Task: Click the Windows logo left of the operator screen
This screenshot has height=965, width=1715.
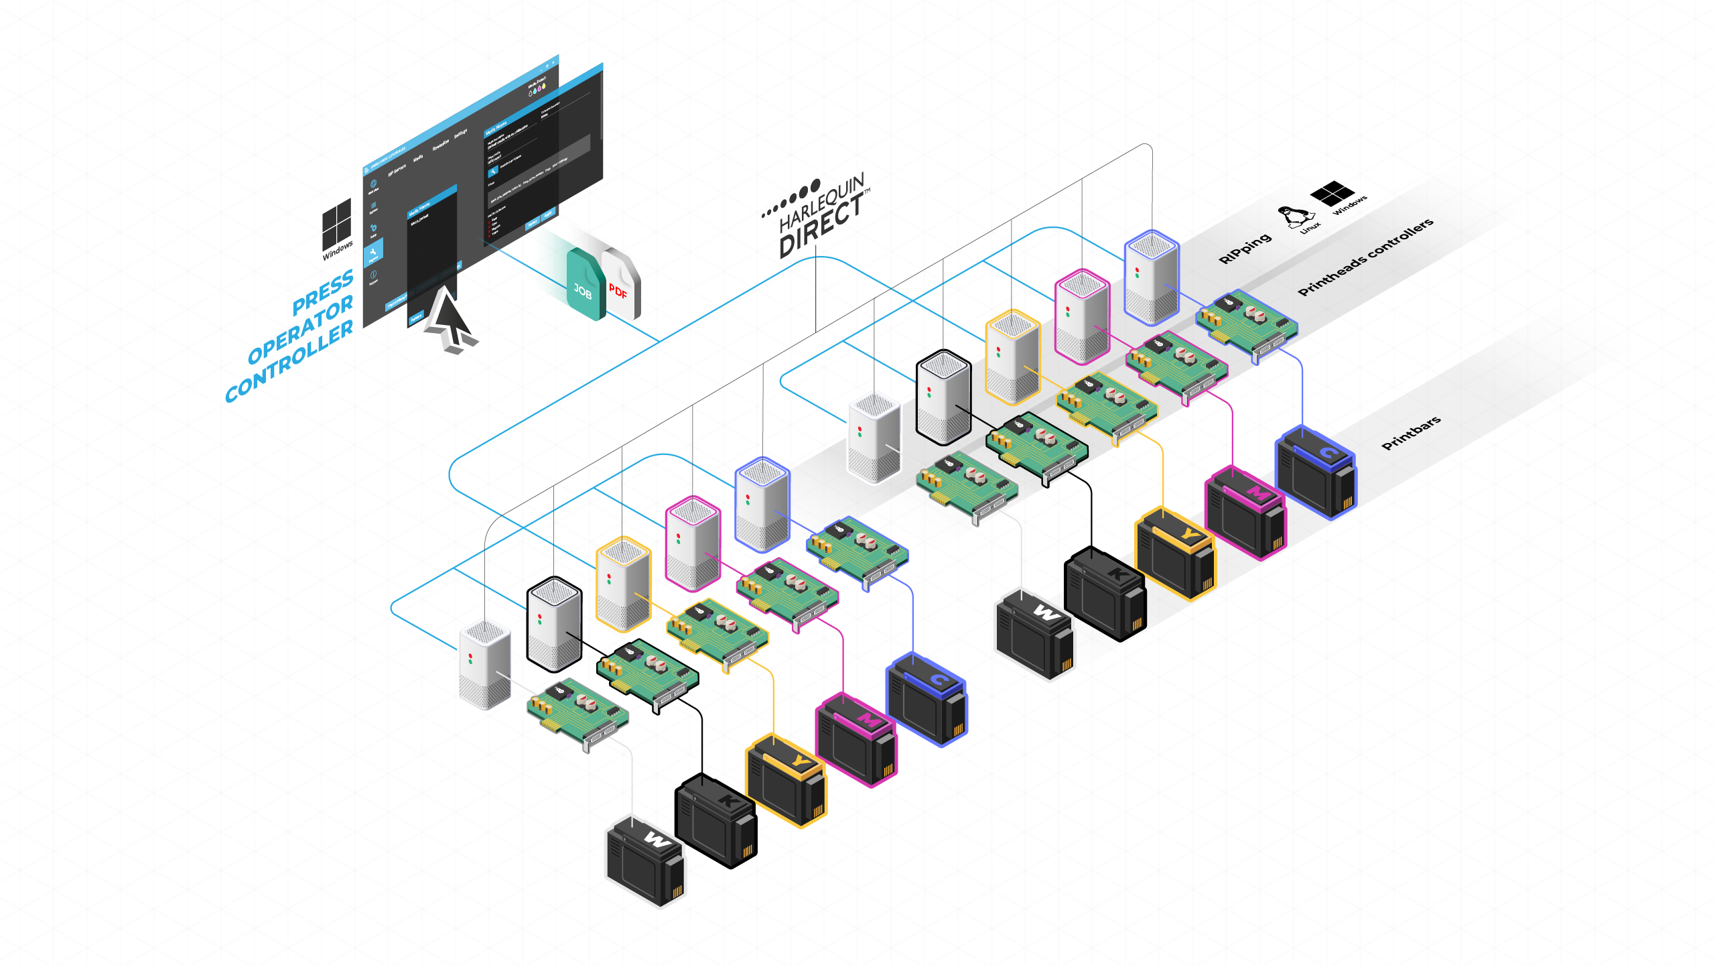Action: (336, 224)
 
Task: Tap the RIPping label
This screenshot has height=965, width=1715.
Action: (1245, 248)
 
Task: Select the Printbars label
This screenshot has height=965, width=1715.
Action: (1411, 433)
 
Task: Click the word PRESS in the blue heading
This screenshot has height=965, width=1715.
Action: (323, 292)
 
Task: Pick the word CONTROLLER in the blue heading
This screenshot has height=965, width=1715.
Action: (289, 361)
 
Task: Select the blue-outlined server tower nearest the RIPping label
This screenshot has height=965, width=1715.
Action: (1151, 276)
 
